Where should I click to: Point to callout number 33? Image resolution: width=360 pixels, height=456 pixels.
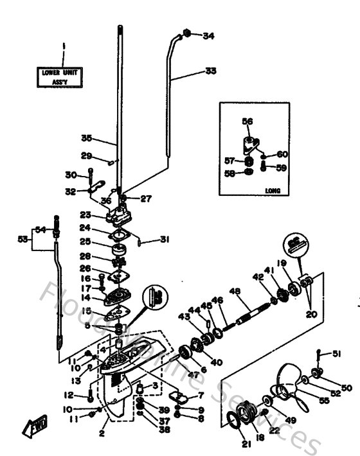click(210, 71)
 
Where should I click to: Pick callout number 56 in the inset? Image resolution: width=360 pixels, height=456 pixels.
click(248, 121)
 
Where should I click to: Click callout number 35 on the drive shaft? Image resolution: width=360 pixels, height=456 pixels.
click(87, 137)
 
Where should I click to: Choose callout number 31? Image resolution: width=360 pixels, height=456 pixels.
click(165, 240)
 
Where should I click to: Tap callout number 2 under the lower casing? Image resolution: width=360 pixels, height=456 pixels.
click(102, 434)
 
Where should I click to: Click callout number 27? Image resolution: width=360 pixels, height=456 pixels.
click(146, 198)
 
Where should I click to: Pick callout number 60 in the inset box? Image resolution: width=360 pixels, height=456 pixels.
click(281, 154)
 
